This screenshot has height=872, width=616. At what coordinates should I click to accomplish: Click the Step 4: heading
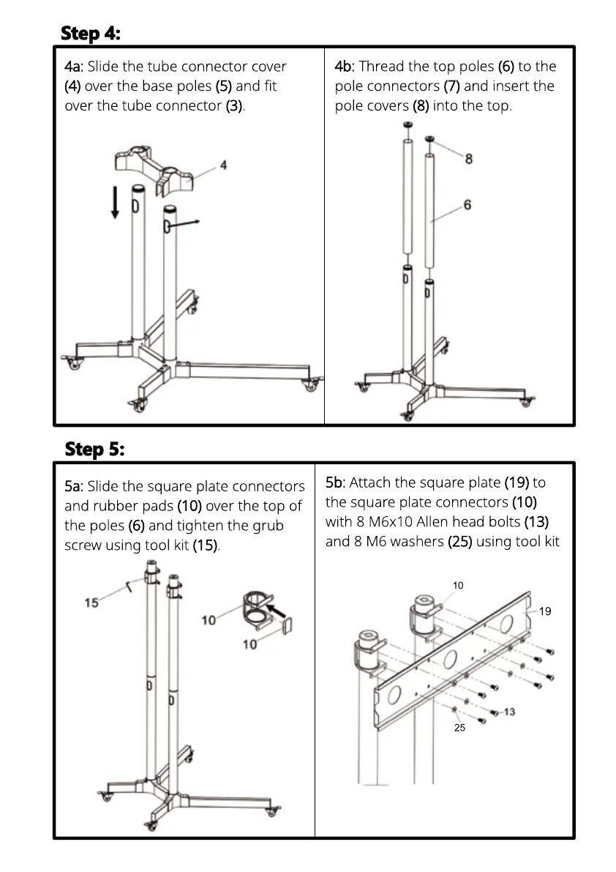(91, 33)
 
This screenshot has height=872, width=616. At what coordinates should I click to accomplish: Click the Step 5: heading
(94, 448)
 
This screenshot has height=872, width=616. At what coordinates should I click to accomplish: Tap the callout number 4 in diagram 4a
(223, 165)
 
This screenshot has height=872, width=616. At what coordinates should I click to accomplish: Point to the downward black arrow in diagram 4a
(115, 201)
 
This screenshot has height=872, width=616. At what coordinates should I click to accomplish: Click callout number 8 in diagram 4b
(469, 158)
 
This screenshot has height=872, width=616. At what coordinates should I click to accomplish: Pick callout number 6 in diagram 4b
(467, 205)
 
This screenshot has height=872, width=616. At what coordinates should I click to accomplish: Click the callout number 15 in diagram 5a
(91, 603)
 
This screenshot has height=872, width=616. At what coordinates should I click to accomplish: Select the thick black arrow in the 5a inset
(276, 609)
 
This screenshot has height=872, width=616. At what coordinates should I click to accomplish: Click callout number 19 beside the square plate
(545, 611)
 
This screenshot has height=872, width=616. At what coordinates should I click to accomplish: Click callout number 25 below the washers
(459, 728)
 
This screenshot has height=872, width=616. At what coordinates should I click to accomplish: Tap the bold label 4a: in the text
(74, 67)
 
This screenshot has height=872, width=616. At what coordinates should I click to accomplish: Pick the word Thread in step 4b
(380, 67)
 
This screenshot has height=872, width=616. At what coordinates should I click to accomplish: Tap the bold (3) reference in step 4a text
(234, 106)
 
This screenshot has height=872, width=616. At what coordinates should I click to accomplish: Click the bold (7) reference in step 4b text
(451, 86)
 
